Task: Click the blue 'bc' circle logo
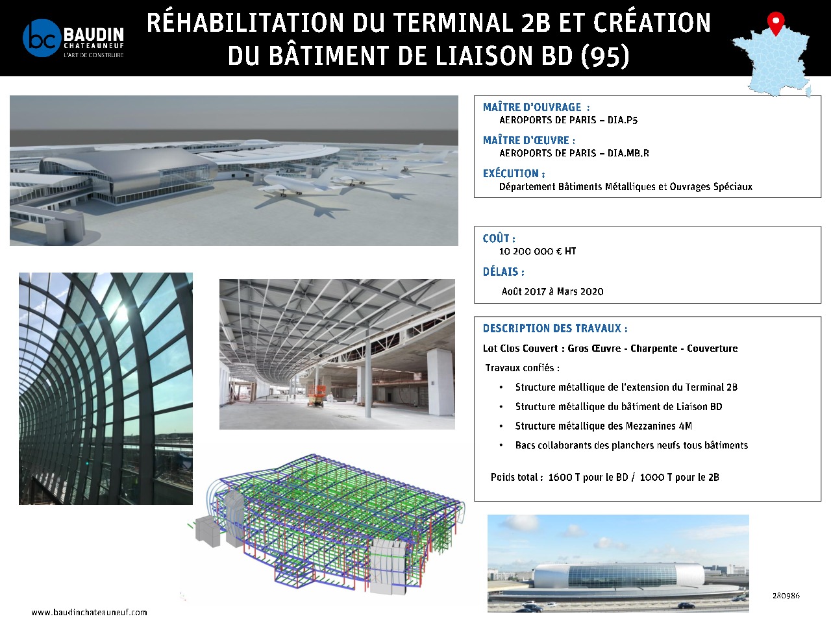(42, 38)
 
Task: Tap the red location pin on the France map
(775, 21)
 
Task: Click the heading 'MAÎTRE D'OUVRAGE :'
(536, 107)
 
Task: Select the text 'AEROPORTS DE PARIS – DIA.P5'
(568, 120)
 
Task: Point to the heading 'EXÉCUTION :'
(514, 173)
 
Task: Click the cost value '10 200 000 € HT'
(538, 251)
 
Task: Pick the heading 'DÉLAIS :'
(503, 272)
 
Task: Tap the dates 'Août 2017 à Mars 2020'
(552, 291)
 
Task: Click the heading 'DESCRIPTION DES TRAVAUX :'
(555, 328)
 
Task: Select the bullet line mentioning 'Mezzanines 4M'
(603, 426)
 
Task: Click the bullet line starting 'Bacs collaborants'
(631, 445)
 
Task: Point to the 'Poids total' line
(604, 477)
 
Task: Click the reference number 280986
(786, 595)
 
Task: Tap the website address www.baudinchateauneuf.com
(89, 612)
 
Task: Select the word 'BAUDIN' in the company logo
(93, 34)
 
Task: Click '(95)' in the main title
(605, 56)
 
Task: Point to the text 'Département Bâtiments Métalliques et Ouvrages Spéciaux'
(625, 187)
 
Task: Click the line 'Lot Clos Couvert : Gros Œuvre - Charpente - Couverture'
(610, 348)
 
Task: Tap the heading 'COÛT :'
(499, 238)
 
